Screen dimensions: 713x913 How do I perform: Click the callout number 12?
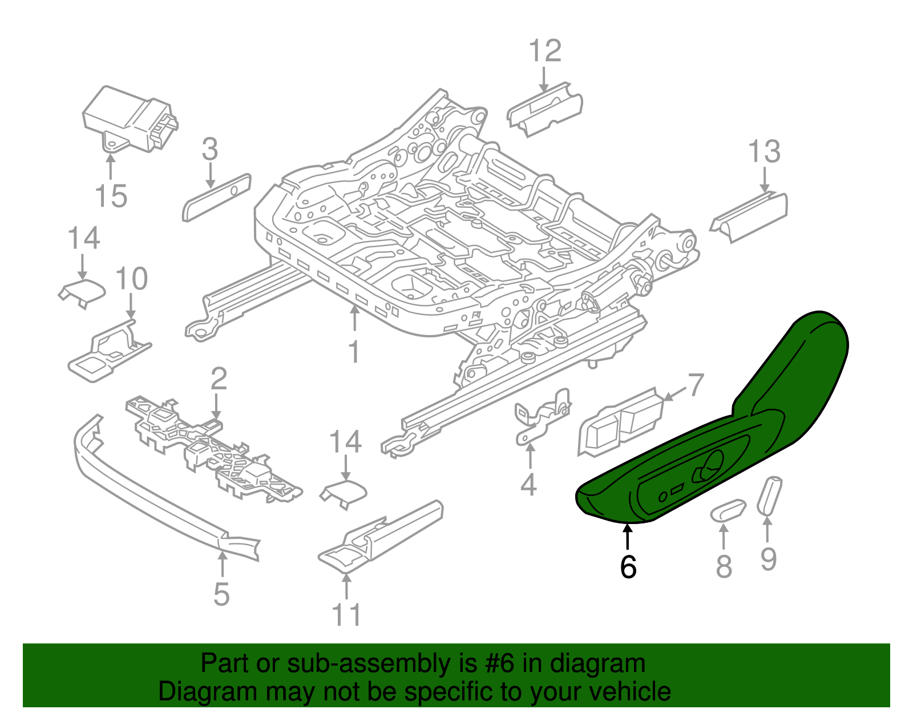click(545, 51)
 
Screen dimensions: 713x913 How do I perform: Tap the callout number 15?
click(111, 196)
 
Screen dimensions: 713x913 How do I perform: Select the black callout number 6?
click(628, 567)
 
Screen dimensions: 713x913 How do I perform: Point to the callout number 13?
click(764, 152)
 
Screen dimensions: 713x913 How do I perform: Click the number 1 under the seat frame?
click(354, 352)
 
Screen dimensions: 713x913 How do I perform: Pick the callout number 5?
click(221, 594)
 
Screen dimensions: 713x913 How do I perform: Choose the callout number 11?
click(346, 615)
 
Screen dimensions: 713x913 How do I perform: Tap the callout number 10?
click(131, 279)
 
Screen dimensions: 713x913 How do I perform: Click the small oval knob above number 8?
click(728, 510)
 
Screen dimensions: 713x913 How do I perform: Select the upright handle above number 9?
click(769, 494)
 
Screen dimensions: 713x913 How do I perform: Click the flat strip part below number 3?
click(216, 198)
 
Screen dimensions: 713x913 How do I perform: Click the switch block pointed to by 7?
click(621, 422)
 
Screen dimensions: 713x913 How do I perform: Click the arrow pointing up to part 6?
click(628, 537)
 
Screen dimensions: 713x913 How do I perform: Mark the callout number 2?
click(219, 379)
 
